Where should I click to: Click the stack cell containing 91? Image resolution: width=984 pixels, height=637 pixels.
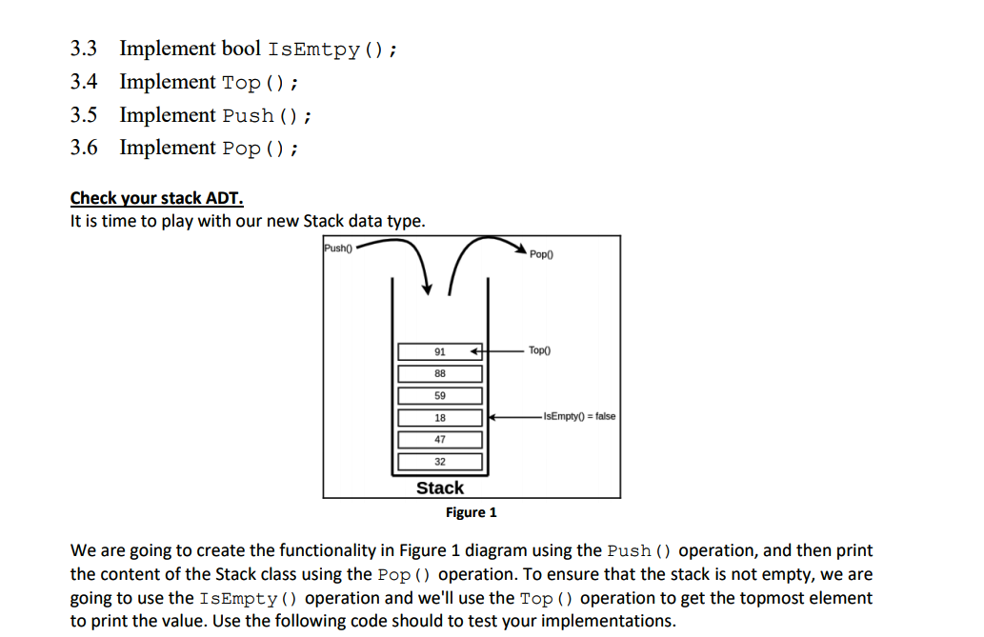439,351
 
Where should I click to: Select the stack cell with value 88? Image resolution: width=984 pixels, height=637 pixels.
439,373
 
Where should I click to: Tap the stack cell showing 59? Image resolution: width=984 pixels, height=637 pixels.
439,395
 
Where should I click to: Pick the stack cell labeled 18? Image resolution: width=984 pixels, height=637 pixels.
439,418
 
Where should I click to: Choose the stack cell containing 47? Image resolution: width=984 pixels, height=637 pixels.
439,440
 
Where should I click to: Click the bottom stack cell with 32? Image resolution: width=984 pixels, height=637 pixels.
439,462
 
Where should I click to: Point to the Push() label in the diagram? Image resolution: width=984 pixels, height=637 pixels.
338,248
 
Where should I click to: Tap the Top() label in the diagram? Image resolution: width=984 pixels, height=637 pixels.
539,351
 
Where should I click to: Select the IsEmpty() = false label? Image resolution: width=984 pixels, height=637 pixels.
578,417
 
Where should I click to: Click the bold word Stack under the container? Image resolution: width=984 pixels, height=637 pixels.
440,488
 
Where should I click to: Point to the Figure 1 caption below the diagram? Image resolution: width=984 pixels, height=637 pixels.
472,512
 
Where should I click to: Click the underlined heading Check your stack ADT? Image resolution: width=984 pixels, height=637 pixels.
157,198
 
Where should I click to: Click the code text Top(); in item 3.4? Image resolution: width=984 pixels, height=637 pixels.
260,83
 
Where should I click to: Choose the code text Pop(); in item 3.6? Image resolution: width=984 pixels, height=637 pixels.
260,149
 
